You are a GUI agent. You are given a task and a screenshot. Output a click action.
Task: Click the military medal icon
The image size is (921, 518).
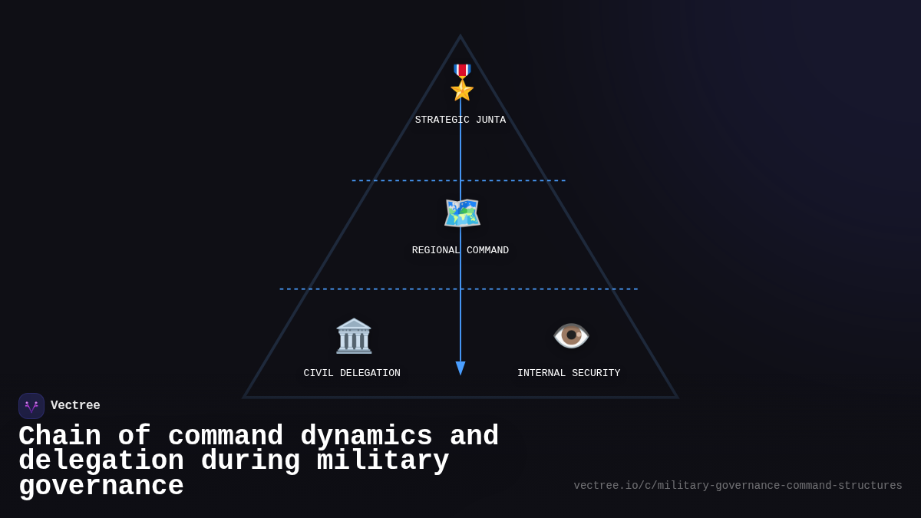pos(461,82)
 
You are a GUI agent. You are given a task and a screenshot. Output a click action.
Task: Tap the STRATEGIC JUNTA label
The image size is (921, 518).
pos(460,120)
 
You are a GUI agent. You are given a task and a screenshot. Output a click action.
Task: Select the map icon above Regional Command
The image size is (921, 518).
pos(461,213)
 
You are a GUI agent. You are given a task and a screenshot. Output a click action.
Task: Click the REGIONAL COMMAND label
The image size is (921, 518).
pos(460,251)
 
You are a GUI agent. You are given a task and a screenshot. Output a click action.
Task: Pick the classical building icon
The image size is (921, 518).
pos(354,335)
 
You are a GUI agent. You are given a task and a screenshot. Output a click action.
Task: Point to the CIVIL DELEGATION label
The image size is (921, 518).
pos(352,374)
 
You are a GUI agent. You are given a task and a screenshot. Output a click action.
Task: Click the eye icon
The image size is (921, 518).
pos(571,335)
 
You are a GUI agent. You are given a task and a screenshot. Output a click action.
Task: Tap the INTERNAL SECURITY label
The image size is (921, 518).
pos(569,374)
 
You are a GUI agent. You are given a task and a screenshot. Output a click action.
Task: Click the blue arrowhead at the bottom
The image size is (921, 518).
pos(460,368)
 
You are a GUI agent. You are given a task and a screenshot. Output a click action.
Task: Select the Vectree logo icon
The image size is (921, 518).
pos(31,406)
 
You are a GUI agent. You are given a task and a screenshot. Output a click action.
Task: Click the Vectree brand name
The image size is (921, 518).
pos(75,406)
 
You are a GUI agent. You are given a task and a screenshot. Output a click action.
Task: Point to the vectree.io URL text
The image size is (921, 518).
pos(738,486)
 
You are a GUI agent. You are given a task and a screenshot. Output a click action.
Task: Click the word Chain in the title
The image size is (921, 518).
pos(60,437)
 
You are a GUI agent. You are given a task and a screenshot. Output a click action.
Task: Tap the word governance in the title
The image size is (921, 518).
pos(101,487)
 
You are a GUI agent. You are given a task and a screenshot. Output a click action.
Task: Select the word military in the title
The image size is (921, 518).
pos(383,461)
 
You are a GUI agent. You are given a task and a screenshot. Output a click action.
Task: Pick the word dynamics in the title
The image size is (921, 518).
pos(366,437)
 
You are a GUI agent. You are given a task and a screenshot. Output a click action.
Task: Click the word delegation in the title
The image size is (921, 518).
pos(101,461)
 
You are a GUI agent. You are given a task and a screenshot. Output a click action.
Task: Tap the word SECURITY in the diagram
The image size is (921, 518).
pos(595,374)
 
